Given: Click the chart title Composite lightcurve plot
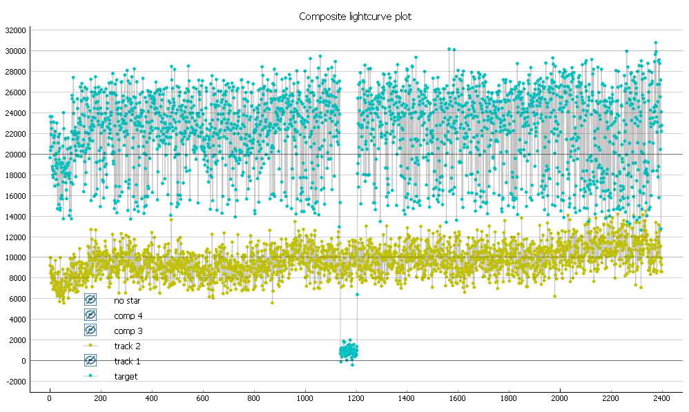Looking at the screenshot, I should tap(355, 17).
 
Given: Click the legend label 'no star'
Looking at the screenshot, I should tap(128, 300).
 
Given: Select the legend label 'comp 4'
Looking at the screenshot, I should tap(128, 315).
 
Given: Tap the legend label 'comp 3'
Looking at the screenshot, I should tap(128, 331).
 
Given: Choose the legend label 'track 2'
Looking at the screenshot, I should tap(128, 346).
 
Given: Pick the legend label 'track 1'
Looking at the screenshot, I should tap(128, 361).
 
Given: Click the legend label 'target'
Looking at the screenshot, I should tap(126, 376).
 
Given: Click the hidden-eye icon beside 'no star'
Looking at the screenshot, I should tap(90, 300).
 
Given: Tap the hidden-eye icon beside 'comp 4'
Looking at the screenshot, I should tap(90, 315).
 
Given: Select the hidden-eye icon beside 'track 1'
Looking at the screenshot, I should tap(90, 360).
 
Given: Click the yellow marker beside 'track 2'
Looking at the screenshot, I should tap(90, 345).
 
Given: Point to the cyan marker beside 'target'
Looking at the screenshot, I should tap(90, 375).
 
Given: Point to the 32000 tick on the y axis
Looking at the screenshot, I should tap(15, 30).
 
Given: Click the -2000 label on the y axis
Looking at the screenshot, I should tap(15, 382).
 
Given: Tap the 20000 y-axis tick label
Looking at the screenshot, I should tap(15, 154).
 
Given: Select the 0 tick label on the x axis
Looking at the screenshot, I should tap(50, 398).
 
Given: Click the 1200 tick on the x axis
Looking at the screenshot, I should tap(356, 398).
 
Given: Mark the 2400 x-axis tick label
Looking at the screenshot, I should tap(662, 398).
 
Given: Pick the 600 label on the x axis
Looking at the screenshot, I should tap(202, 398).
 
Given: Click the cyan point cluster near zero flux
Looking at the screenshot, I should tap(348, 351).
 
